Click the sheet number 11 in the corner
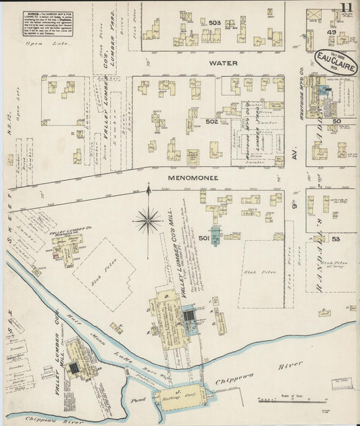(x=346, y=8)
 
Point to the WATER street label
(x=223, y=63)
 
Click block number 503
(x=215, y=23)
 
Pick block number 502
(x=212, y=122)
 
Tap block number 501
(x=205, y=238)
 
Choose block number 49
(x=332, y=32)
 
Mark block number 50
(x=336, y=122)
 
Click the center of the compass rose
(x=148, y=219)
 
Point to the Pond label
(x=138, y=400)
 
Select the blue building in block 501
(x=215, y=236)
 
